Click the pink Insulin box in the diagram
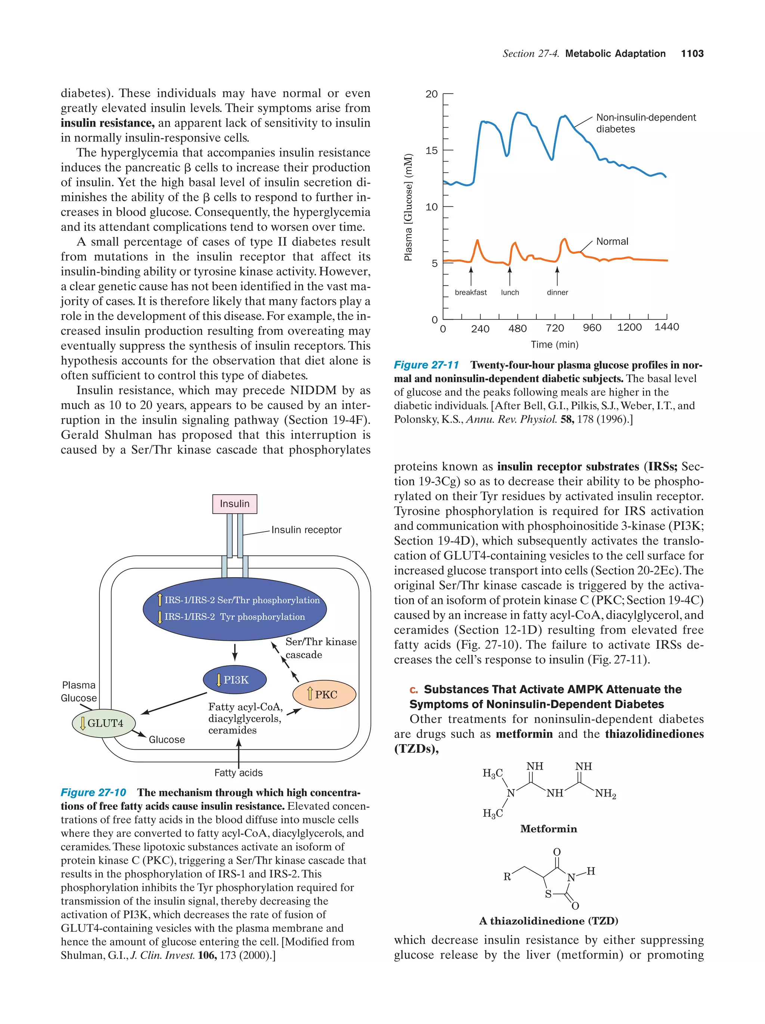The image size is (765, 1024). (234, 504)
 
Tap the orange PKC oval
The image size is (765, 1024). (325, 694)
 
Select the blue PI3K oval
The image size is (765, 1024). (235, 680)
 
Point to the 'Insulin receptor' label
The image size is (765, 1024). (306, 530)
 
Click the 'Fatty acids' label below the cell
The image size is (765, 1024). (238, 773)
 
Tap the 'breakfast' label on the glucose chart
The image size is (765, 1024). (471, 293)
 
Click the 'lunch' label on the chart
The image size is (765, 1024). (510, 293)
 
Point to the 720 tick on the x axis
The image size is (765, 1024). (554, 328)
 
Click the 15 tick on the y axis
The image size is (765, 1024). (431, 151)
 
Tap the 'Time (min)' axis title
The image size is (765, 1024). (554, 344)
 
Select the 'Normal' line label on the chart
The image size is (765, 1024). (612, 241)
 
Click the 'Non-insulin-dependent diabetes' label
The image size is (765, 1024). (645, 123)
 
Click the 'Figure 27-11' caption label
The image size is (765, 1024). (426, 365)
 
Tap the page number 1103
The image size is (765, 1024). (692, 54)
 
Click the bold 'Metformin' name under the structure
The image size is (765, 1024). (548, 829)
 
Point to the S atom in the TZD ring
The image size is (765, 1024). (548, 894)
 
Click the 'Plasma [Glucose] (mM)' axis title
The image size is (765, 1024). (408, 207)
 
